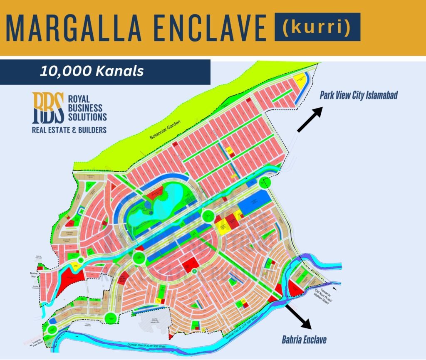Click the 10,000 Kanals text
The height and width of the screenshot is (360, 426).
coord(92,71)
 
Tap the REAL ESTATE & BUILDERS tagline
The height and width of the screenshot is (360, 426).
coord(69,130)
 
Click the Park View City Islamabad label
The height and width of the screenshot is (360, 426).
coord(359,95)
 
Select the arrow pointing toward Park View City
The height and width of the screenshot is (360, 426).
coord(310,119)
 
